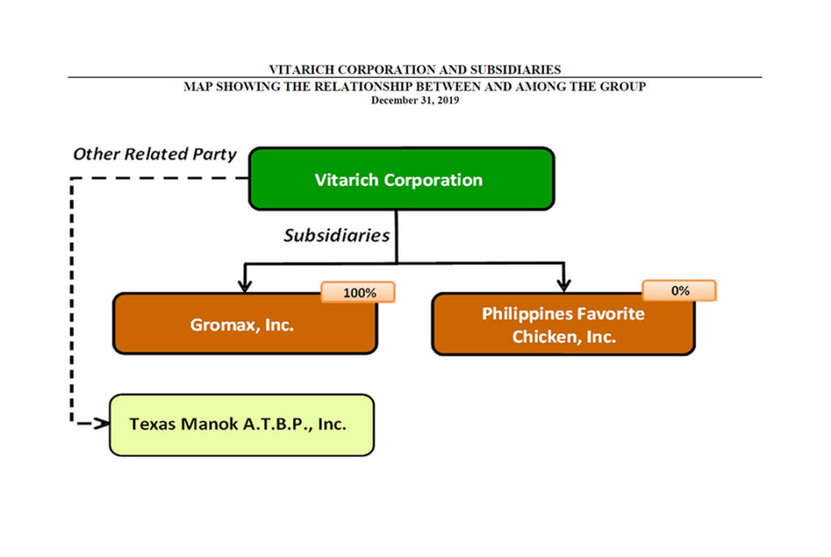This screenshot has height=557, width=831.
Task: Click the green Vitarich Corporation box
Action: pos(402,179)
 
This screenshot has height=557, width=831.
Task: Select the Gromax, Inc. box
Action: pos(245,323)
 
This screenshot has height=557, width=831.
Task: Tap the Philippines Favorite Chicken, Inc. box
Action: pos(563,324)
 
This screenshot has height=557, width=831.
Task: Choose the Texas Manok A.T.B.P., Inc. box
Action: pos(242,425)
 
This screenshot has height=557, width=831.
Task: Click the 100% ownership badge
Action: pos(358,292)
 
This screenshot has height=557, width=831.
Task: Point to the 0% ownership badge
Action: pos(679,291)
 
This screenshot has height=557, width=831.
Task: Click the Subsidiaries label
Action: pos(337,235)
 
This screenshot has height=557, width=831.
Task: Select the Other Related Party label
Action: pos(155,153)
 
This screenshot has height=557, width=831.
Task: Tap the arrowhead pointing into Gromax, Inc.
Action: pos(244,285)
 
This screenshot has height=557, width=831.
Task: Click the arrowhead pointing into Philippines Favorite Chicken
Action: pos(564,285)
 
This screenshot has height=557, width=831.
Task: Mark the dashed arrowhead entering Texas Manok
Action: pos(101,423)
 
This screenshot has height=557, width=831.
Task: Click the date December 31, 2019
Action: pos(415,100)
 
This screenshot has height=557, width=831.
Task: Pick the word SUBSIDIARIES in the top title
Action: pos(515,70)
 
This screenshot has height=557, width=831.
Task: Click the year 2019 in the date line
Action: pos(448,100)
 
